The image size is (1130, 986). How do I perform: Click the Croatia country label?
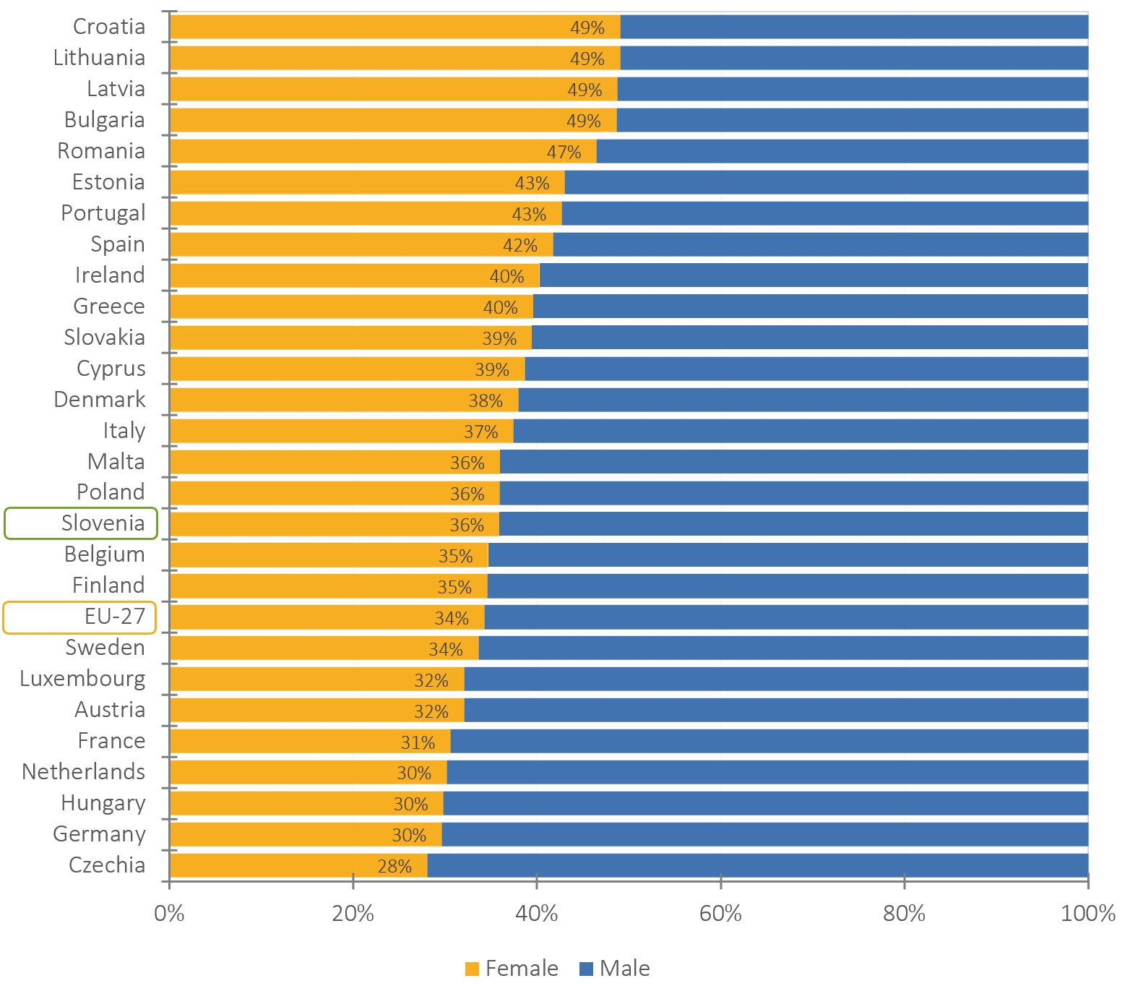[x=109, y=27]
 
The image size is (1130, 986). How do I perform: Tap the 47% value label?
[x=564, y=152]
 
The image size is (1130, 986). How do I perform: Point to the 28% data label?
[x=394, y=866]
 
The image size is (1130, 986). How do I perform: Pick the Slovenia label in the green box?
[x=103, y=523]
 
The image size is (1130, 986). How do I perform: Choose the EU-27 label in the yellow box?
[x=115, y=617]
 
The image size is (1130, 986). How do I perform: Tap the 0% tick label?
[x=169, y=914]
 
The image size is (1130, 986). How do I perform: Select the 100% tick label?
[x=1087, y=914]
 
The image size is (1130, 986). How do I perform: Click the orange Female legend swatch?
[x=472, y=969]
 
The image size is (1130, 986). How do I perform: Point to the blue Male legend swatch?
[x=586, y=969]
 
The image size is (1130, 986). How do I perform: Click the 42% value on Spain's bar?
[x=520, y=246]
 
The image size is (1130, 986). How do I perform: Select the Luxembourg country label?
[x=82, y=679]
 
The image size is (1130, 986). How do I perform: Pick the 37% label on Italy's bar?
[x=481, y=432]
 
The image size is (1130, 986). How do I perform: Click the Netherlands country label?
[x=84, y=772]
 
